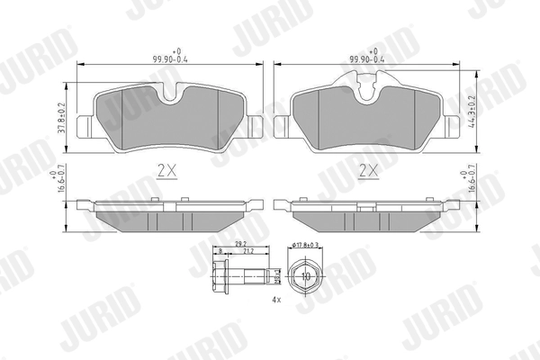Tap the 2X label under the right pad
pyautogui.click(x=368, y=168)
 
